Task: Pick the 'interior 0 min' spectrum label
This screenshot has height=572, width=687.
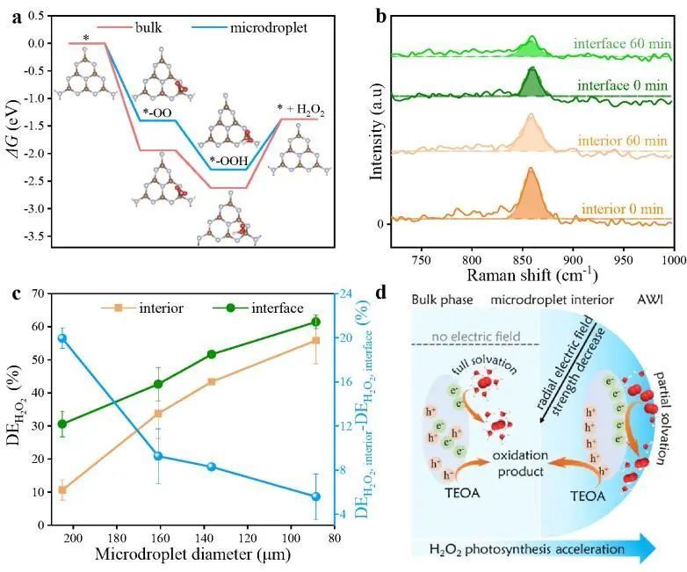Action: pyautogui.click(x=624, y=209)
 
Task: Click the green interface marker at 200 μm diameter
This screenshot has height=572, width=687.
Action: pyautogui.click(x=62, y=424)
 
